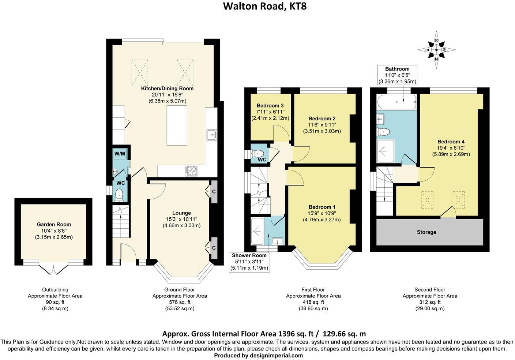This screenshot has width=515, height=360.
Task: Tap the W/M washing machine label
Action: [x=120, y=154]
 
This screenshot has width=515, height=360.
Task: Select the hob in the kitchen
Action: [x=192, y=170]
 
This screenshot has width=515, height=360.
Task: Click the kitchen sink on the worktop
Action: [x=212, y=135]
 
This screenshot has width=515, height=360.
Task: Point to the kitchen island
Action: [x=177, y=125]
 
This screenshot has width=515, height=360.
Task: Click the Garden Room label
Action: [x=54, y=224]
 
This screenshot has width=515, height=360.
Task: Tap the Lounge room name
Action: [x=181, y=213]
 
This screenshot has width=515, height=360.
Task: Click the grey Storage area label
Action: [x=426, y=232]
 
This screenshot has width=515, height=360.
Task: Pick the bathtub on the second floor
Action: [x=396, y=102]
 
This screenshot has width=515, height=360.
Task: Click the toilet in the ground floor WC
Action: [x=119, y=195]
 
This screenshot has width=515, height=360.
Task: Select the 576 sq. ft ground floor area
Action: [x=179, y=302]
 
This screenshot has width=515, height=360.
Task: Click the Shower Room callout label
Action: [x=249, y=255]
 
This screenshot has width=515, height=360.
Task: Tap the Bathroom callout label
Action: [x=397, y=69]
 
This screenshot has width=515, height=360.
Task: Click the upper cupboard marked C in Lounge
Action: [x=214, y=191]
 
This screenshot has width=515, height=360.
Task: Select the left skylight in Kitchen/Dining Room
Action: [x=140, y=72]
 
